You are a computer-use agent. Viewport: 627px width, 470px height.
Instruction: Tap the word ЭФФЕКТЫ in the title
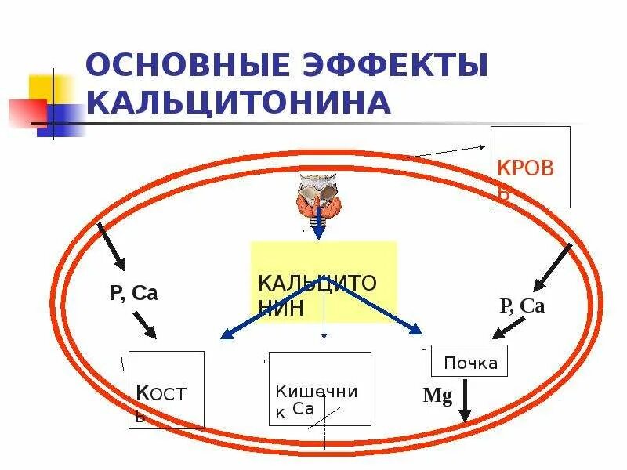[381, 65]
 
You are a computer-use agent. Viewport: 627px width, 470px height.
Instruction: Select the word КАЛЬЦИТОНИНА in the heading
[238, 103]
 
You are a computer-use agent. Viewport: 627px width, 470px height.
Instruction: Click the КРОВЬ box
[530, 168]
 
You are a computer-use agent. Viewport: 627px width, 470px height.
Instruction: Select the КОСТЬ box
[166, 389]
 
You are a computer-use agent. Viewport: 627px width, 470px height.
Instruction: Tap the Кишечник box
[320, 389]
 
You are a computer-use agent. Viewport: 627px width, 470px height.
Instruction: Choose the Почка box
[469, 361]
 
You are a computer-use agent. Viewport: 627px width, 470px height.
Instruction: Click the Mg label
[437, 396]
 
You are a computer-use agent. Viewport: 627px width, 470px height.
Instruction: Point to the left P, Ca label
[133, 294]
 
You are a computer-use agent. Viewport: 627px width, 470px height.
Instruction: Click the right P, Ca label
[521, 306]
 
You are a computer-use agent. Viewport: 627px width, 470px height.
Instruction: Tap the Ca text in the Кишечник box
[303, 408]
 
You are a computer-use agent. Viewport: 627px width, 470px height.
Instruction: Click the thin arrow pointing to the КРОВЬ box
[447, 151]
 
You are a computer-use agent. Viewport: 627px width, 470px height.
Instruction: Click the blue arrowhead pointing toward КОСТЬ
[227, 336]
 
